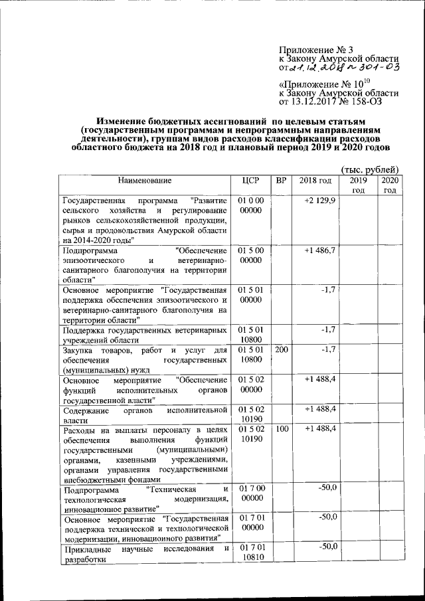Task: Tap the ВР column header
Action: click(281, 181)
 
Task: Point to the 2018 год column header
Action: click(315, 181)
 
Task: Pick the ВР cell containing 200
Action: click(281, 349)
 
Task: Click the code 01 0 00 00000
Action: click(251, 205)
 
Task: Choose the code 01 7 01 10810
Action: click(251, 552)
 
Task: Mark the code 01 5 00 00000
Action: click(251, 256)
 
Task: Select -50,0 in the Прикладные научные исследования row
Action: click(326, 547)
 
